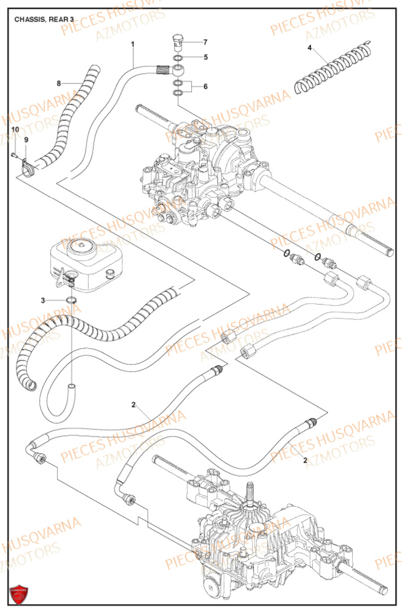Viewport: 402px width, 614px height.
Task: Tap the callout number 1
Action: (x=132, y=44)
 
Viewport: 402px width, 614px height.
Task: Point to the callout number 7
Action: (x=205, y=42)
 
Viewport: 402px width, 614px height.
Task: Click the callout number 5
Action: (x=205, y=57)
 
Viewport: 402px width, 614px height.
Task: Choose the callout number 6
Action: (x=205, y=87)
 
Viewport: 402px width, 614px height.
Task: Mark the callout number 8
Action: (x=58, y=83)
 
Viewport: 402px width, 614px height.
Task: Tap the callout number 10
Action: (x=15, y=129)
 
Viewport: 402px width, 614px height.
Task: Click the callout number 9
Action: (x=26, y=140)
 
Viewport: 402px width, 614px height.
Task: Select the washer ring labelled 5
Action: (x=177, y=60)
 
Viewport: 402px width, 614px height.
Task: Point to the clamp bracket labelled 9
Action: (x=26, y=166)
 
